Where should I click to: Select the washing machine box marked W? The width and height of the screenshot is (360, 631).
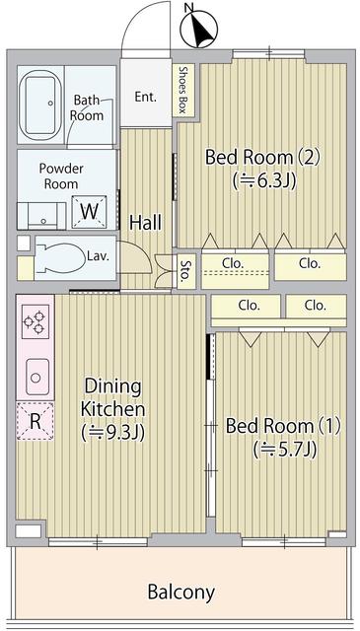tap(89, 211)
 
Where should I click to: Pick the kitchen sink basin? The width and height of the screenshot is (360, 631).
tap(36, 375)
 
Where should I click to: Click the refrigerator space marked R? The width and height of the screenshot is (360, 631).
tap(36, 420)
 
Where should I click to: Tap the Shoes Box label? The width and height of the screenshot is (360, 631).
tap(183, 89)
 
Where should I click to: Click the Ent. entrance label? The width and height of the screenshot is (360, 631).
tap(146, 97)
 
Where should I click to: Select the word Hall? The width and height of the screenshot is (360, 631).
tap(145, 223)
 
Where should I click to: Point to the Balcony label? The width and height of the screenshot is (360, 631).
tap(180, 592)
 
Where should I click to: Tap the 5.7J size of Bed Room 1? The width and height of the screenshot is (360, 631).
tap(284, 450)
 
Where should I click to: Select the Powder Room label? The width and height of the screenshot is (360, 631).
tap(62, 175)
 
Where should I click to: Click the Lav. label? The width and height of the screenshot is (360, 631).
tap(98, 256)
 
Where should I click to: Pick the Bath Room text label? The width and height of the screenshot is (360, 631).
tap(87, 107)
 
